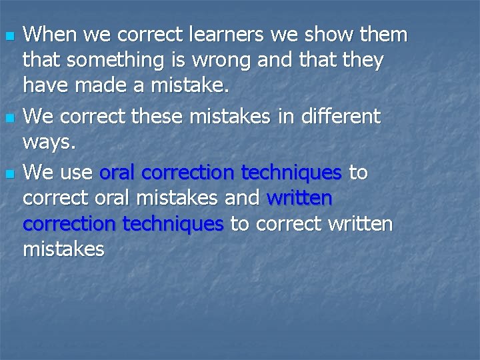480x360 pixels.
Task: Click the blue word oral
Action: click(117, 173)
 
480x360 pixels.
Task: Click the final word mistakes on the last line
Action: click(63, 249)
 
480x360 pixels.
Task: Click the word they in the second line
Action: click(362, 61)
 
